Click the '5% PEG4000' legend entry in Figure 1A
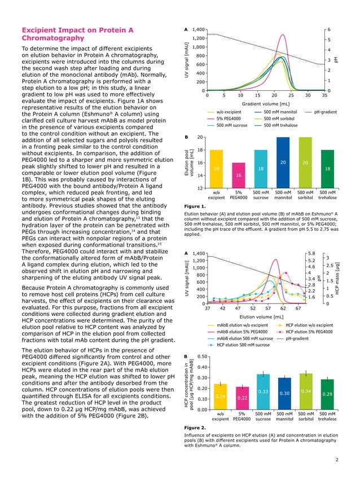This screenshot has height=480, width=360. [x=228, y=119]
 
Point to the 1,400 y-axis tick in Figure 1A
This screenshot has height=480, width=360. [x=197, y=29]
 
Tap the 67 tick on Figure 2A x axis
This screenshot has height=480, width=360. [x=298, y=309]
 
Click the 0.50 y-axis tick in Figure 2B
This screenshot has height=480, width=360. [x=203, y=357]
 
